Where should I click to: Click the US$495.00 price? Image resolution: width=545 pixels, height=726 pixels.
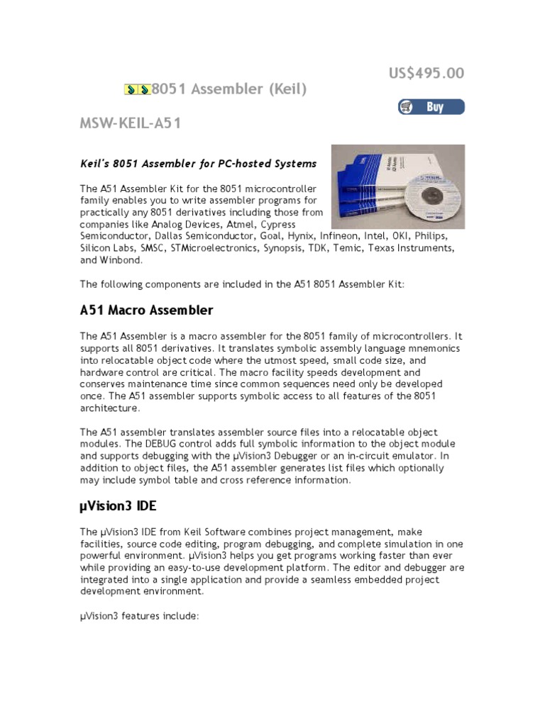point(426,74)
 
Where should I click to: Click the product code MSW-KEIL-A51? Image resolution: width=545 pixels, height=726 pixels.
point(131,124)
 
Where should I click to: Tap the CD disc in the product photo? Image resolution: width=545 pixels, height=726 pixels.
point(432,198)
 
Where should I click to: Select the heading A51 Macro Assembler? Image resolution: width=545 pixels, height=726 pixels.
point(146,311)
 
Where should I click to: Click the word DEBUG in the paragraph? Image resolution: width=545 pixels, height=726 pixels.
point(240,444)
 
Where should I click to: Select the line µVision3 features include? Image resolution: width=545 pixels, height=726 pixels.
point(139,616)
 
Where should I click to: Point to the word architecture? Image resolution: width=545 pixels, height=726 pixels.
point(109,408)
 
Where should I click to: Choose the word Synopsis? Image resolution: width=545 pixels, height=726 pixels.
point(285,248)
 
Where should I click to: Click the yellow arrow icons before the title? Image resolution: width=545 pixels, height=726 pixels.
point(137,89)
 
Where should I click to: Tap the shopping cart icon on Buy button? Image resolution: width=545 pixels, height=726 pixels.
point(407,107)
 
